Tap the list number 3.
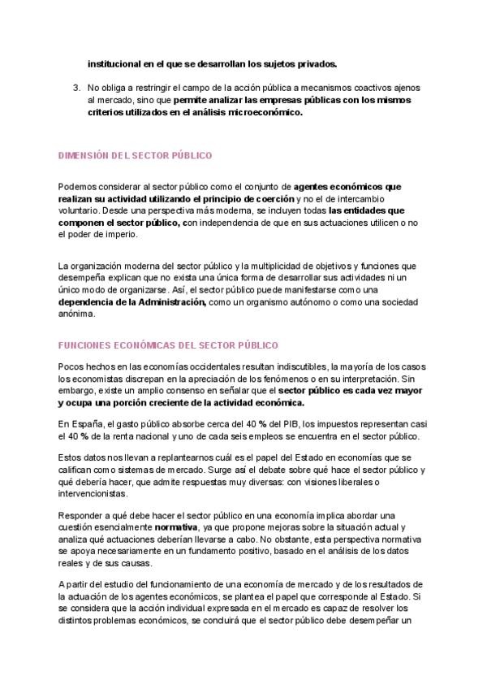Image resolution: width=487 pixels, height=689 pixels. coord(76,87)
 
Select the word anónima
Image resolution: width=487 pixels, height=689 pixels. coord(76,314)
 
